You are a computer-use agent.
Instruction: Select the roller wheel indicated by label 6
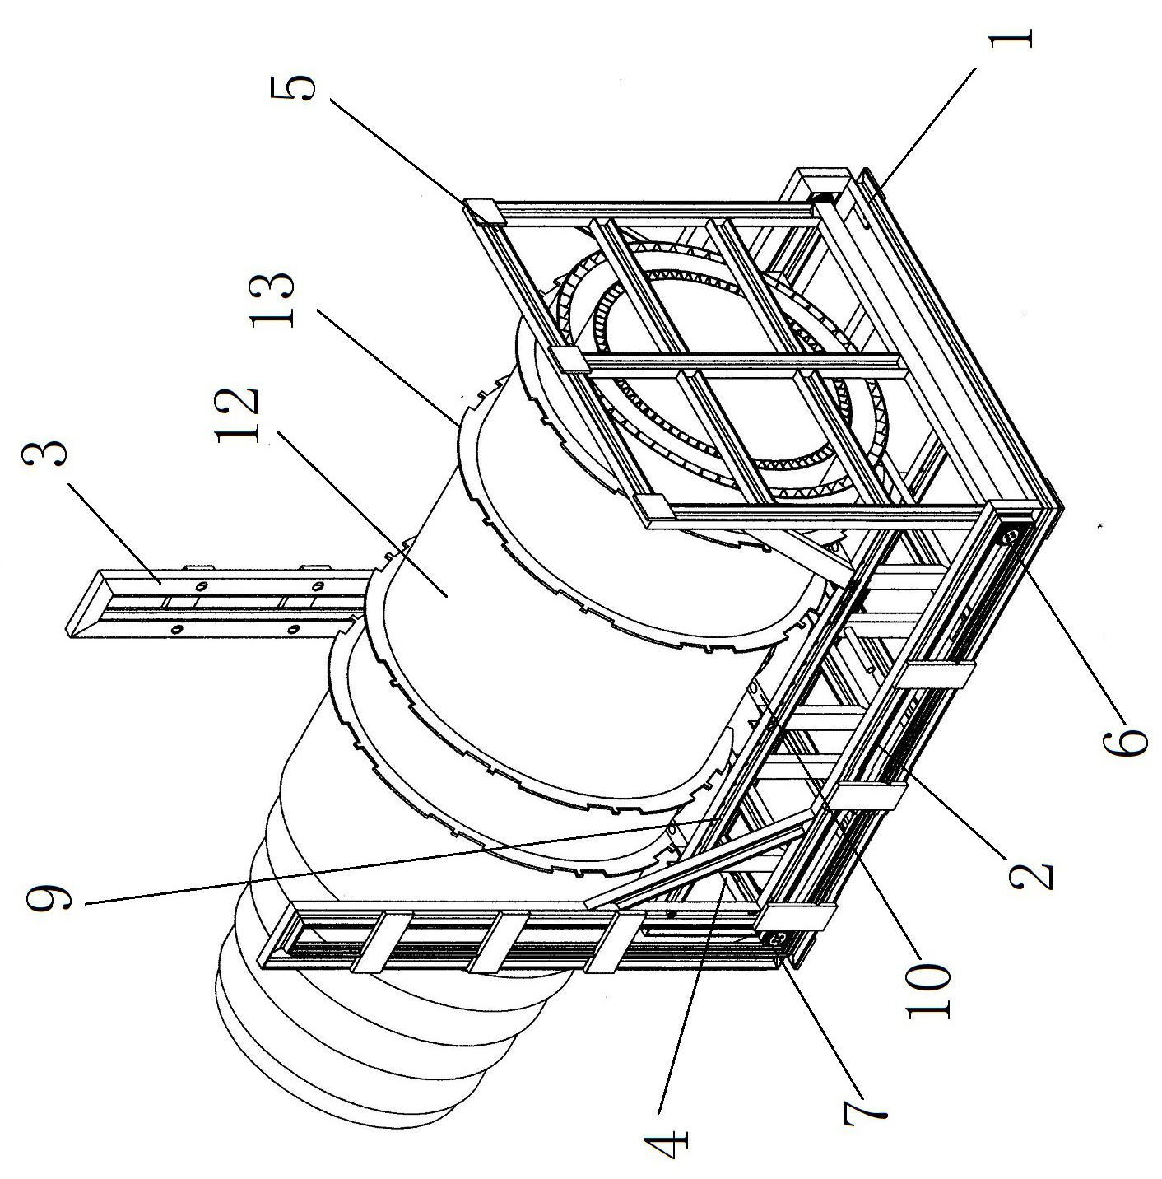(x=1010, y=536)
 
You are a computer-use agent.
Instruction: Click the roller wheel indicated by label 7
(x=775, y=937)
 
